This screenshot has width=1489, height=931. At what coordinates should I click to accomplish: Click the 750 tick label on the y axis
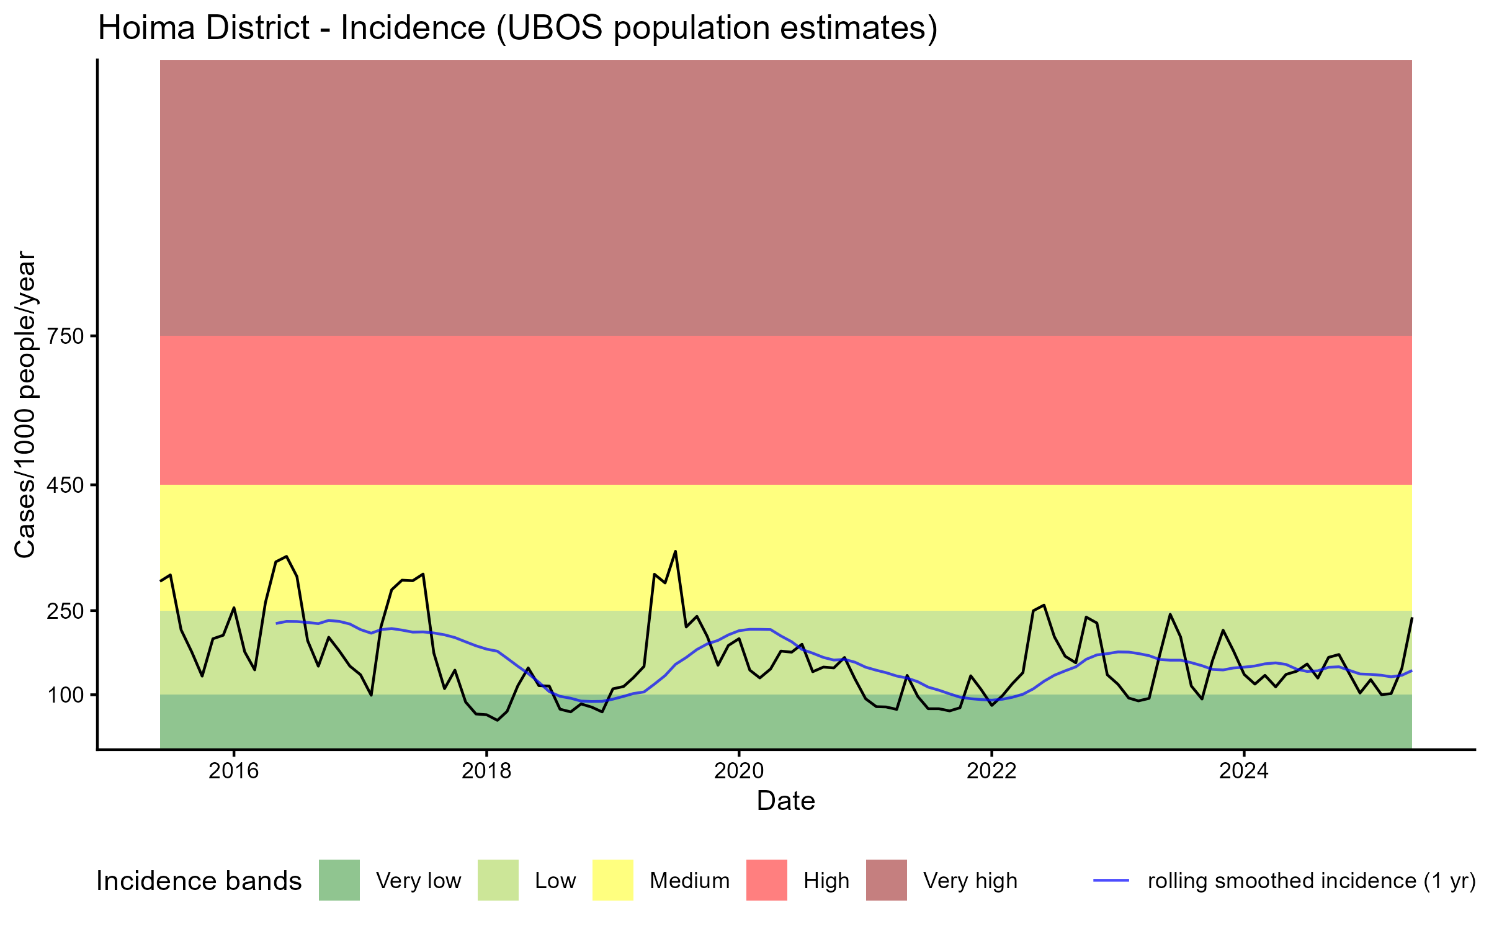coord(66,336)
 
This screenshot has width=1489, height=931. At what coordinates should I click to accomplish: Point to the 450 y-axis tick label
coord(66,485)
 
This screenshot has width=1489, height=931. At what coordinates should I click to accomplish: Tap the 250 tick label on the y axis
coord(66,611)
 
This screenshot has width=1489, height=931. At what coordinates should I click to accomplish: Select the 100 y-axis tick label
coord(66,695)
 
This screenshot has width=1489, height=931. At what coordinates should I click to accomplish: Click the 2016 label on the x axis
coord(233,771)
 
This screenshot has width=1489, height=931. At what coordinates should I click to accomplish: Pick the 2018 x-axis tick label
coord(486,771)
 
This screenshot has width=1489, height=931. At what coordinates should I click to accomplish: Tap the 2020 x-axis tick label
coord(739,771)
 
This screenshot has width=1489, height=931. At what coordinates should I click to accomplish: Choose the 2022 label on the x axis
coord(991,771)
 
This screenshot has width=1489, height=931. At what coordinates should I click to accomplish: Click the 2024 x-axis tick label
coord(1244,771)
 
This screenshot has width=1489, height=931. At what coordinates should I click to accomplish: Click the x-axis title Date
coord(785,801)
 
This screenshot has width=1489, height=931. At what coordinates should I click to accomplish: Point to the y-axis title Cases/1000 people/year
coord(25,404)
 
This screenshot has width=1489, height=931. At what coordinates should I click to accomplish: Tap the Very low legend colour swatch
coord(339,880)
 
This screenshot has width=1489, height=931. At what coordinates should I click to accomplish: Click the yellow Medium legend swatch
coord(613,880)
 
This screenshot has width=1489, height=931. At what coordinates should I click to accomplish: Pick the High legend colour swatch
coord(767,880)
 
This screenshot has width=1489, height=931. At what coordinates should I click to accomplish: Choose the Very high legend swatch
coord(887,880)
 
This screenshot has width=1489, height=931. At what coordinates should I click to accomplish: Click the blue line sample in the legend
coord(1111,880)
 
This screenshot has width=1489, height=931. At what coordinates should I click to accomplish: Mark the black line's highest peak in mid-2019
coord(675,551)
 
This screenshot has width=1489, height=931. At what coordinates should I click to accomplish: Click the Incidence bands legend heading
coord(199,881)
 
